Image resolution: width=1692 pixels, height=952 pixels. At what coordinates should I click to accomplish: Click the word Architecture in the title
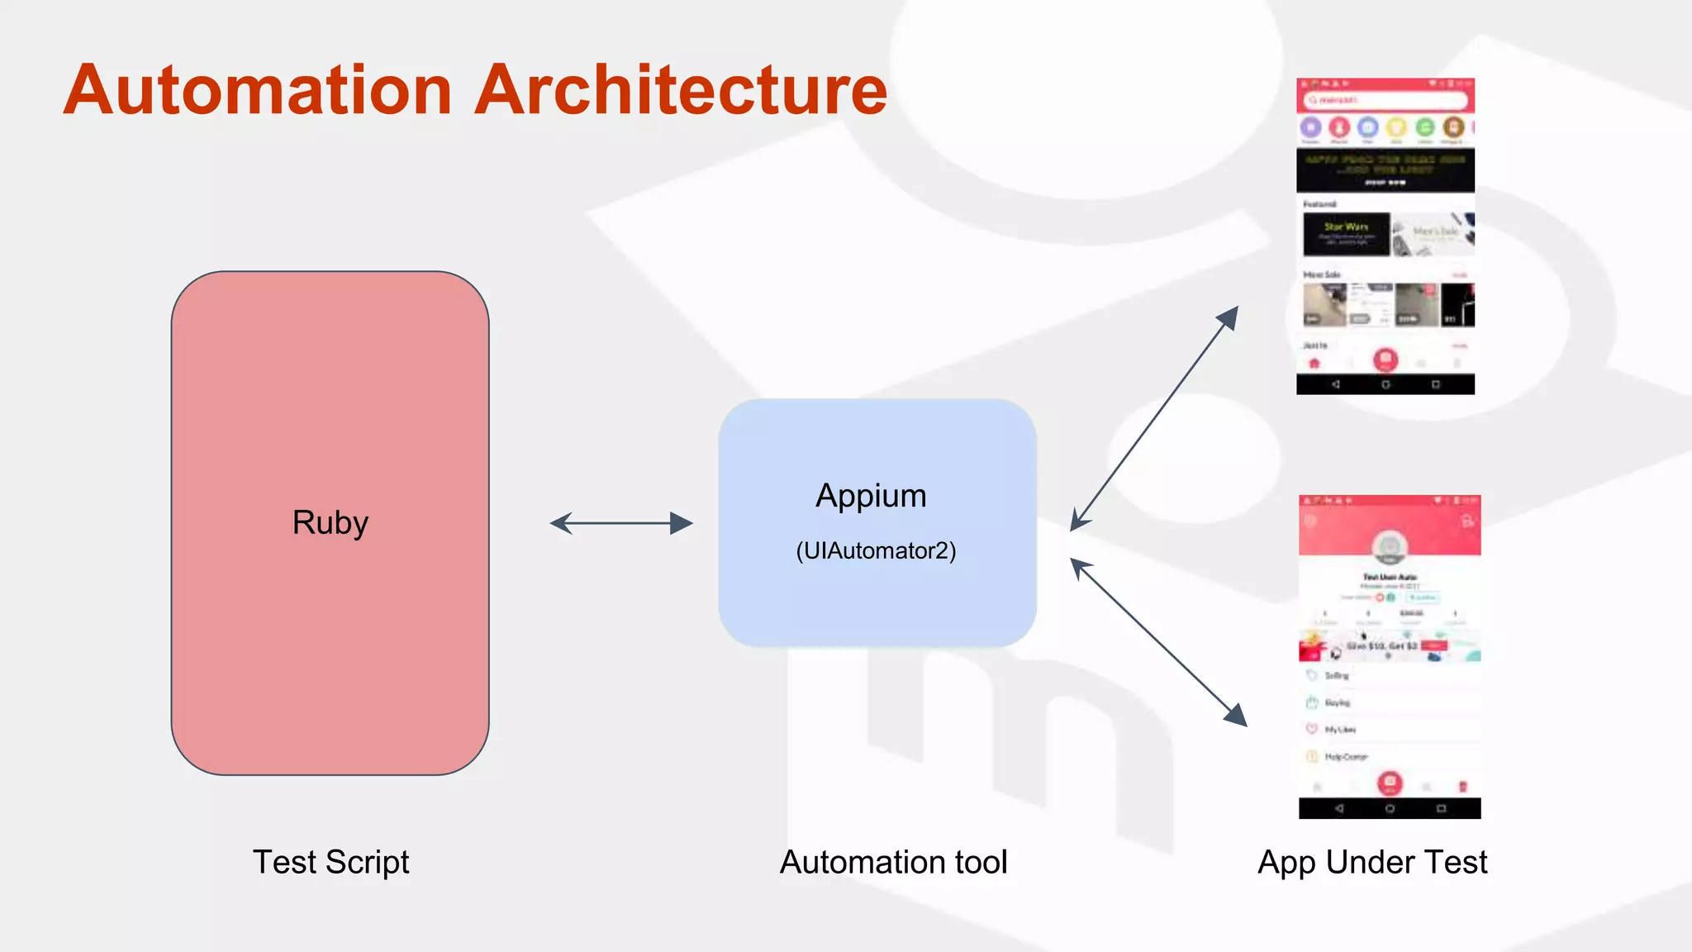[681, 91]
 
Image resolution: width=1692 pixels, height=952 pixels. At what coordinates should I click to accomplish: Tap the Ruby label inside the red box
[330, 523]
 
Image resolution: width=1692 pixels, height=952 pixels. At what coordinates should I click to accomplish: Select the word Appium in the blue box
[871, 496]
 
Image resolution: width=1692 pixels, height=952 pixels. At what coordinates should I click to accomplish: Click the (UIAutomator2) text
[876, 551]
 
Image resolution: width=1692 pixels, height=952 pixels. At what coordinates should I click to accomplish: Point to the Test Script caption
[330, 863]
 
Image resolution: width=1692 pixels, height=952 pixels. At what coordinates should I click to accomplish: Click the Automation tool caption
[893, 863]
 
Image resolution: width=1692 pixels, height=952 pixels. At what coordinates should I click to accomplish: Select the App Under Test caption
[1372, 863]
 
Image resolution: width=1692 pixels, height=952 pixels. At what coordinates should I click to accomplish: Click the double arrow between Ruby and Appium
[621, 523]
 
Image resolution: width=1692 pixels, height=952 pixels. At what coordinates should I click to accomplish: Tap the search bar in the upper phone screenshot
[1385, 100]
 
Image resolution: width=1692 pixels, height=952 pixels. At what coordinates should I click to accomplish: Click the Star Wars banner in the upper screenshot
[1346, 234]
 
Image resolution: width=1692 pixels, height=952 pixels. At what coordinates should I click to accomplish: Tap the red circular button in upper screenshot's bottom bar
[1385, 359]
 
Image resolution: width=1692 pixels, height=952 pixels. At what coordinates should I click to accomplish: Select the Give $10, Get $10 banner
[1389, 646]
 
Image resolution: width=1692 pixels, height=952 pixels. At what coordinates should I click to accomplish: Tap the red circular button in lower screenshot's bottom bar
[1390, 782]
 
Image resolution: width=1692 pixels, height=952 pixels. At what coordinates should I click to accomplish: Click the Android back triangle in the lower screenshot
[1339, 809]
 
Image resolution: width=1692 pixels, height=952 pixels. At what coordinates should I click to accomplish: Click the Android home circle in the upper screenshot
[1385, 384]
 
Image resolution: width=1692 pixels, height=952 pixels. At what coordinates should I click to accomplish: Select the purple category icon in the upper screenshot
[1311, 127]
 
